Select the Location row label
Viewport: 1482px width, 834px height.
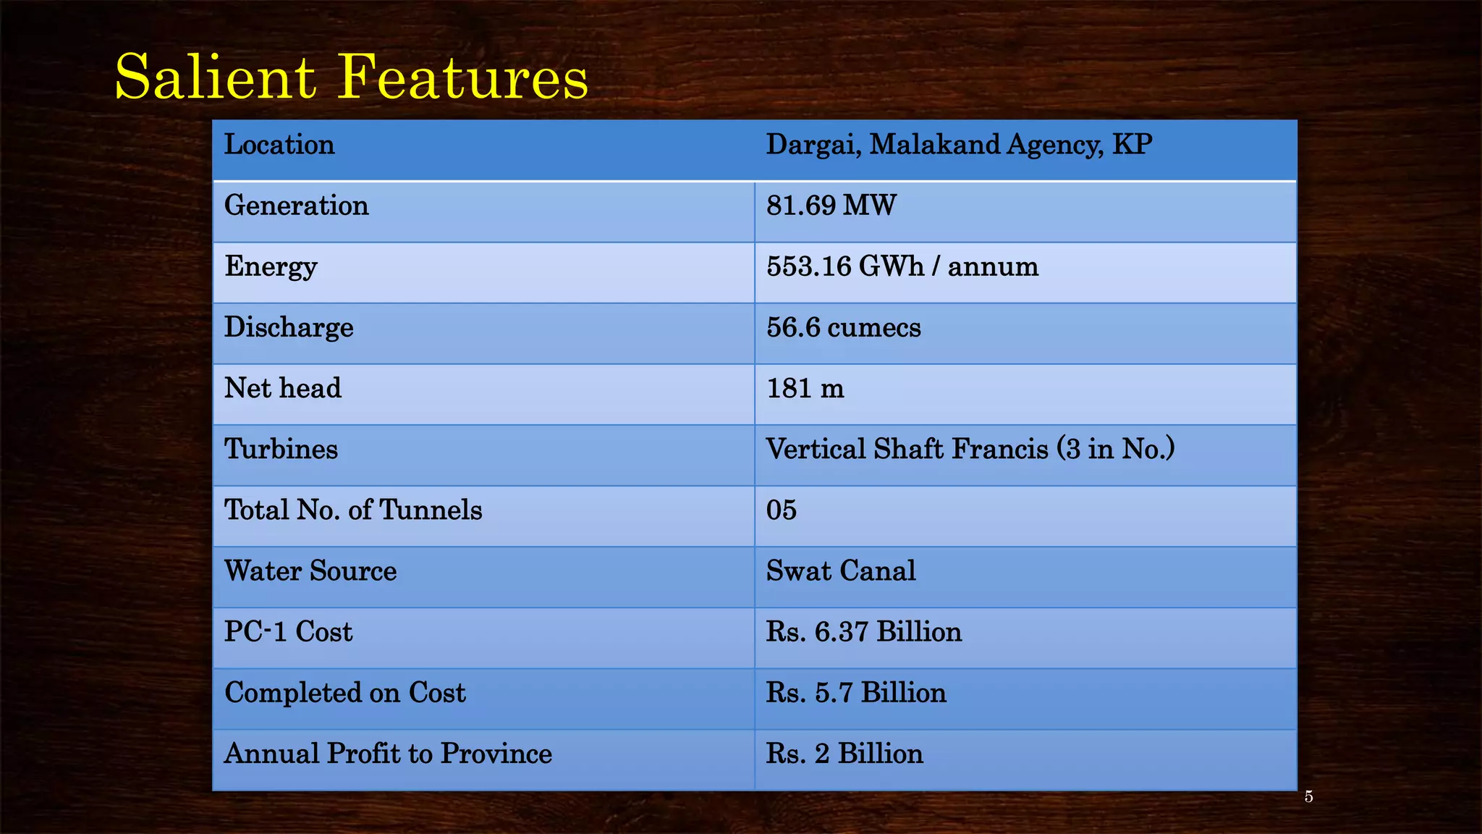click(x=279, y=145)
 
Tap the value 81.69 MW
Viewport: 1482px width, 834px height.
click(x=831, y=206)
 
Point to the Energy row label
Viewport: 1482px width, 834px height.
click(x=271, y=267)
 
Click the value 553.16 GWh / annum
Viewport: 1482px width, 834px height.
click(x=902, y=266)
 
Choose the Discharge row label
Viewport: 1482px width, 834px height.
click(x=289, y=328)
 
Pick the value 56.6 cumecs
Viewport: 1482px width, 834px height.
click(x=843, y=328)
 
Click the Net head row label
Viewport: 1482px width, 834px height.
click(x=282, y=388)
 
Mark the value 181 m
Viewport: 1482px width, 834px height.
click(x=805, y=389)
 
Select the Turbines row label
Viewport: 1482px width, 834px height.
click(x=281, y=450)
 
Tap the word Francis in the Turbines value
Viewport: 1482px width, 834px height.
click(x=999, y=450)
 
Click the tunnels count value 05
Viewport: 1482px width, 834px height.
click(x=781, y=510)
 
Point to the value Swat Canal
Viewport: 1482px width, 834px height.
click(x=840, y=571)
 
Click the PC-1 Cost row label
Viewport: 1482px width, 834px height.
click(x=288, y=632)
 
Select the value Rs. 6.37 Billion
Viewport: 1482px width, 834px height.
click(x=863, y=632)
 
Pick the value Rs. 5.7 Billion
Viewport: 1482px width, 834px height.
click(x=855, y=693)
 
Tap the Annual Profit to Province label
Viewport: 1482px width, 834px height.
click(x=388, y=754)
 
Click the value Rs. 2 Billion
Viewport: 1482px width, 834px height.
click(x=844, y=754)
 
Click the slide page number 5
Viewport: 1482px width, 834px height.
click(x=1308, y=797)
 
